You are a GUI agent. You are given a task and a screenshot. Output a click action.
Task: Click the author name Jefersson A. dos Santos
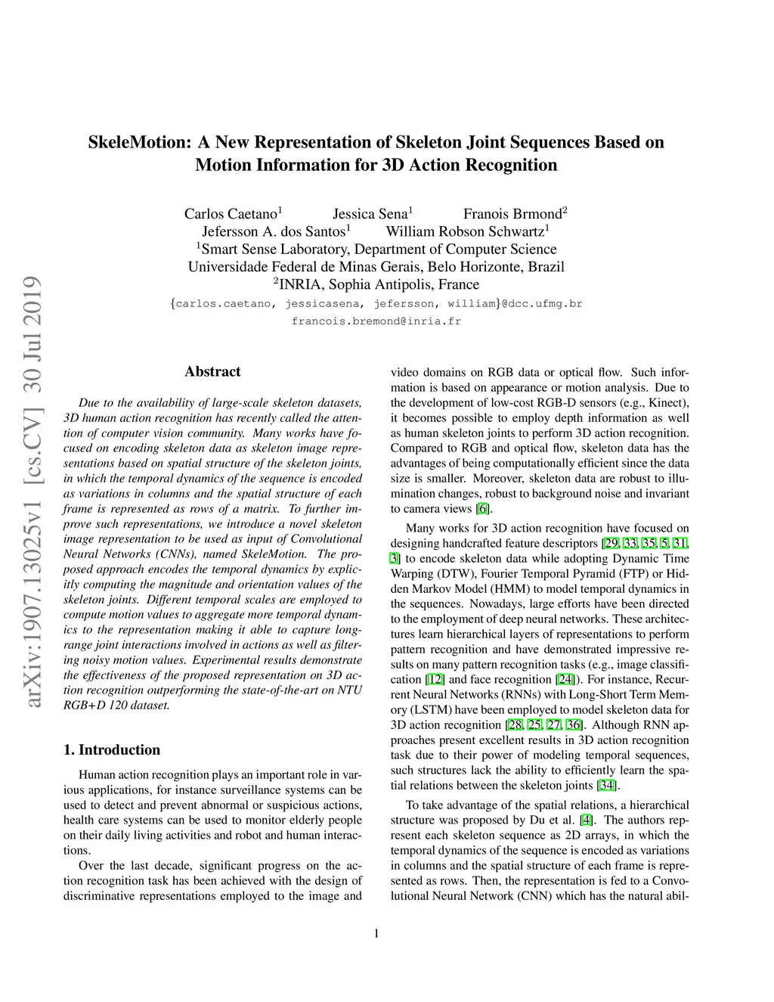pos(273,231)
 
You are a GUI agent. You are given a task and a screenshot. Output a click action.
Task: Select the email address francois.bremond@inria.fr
pos(376,321)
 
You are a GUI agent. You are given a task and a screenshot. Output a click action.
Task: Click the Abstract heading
pos(212,371)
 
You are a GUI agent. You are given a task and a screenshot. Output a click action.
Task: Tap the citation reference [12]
pos(436,680)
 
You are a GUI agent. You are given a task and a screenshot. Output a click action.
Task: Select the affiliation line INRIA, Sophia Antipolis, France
pos(376,285)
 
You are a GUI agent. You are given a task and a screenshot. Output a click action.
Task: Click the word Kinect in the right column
pos(667,403)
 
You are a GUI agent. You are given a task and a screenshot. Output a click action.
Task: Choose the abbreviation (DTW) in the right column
pos(455,574)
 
